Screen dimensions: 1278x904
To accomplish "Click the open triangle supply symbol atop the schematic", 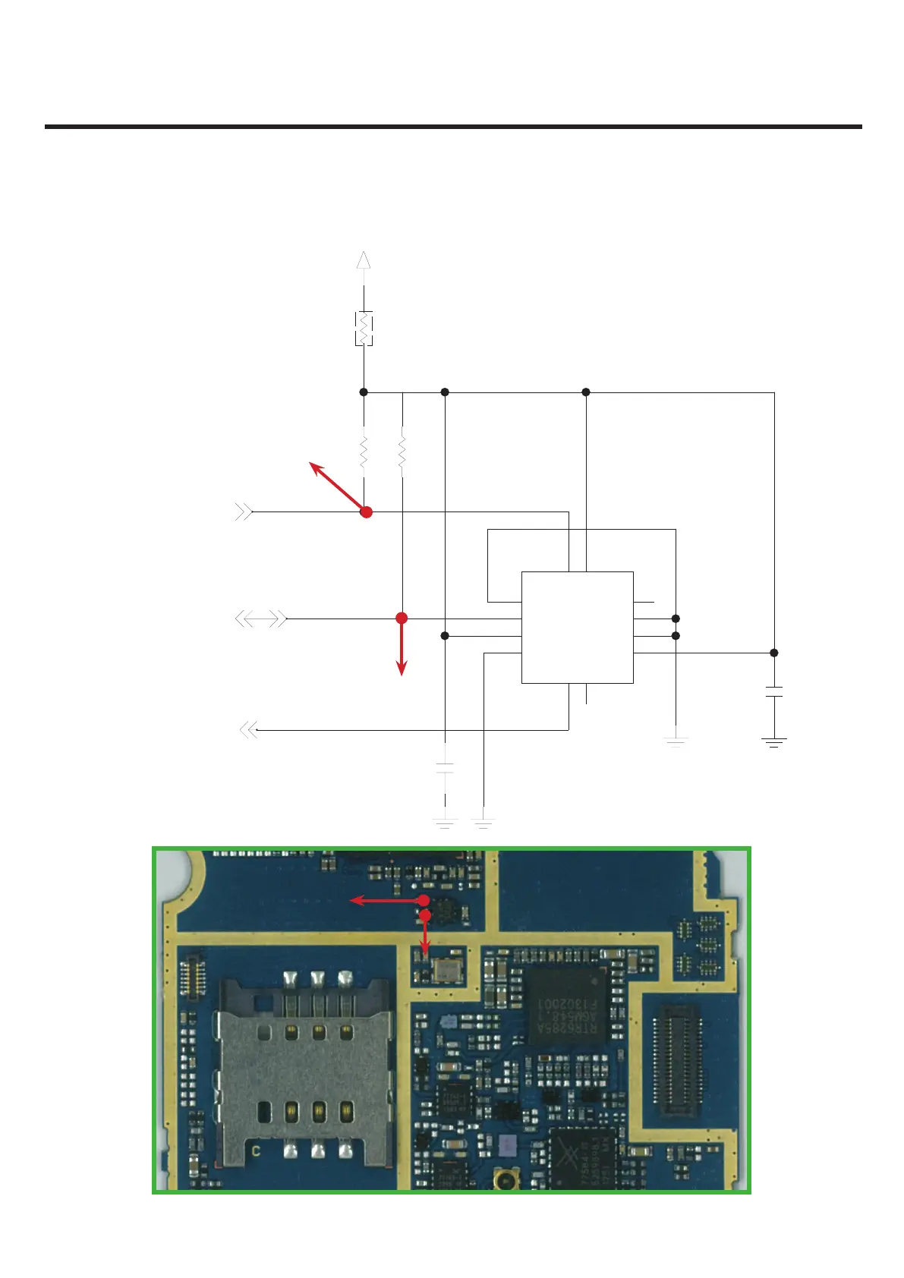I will click(364, 260).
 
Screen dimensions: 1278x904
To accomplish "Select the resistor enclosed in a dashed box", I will click(364, 328).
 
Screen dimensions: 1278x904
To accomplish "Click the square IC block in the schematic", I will click(577, 627).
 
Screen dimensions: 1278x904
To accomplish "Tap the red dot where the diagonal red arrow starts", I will click(366, 512).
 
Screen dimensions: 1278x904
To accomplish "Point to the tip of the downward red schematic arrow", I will click(402, 673).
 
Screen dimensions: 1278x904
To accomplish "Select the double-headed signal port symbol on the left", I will click(261, 619).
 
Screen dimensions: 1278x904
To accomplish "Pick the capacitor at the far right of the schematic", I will click(773, 691).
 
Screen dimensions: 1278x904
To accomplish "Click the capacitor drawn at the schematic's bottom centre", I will click(445, 767).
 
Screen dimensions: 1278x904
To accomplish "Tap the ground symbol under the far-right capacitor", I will click(773, 742).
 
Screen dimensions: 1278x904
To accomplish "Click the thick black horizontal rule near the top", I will click(453, 127).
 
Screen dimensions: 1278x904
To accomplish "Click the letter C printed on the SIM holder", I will click(257, 1151).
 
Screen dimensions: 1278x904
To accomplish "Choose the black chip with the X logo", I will click(583, 1157).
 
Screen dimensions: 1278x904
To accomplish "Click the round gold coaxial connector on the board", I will click(503, 1179).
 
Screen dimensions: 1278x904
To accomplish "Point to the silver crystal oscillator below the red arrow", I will click(443, 968).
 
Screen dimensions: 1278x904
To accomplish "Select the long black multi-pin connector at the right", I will click(677, 1060).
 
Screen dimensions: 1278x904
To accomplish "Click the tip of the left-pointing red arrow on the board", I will click(351, 901).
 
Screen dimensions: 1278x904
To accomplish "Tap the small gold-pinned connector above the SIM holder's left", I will click(188, 980).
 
